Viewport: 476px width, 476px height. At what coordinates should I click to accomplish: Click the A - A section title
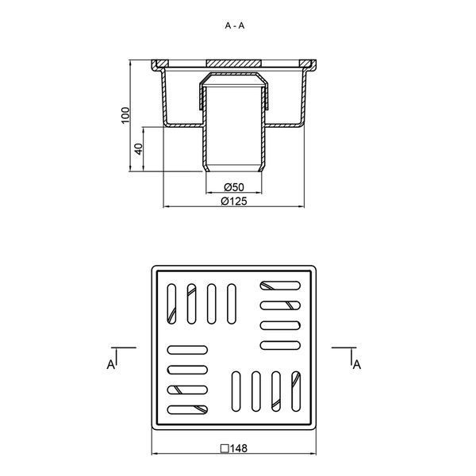(x=234, y=26)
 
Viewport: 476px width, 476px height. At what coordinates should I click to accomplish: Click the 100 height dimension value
(x=125, y=115)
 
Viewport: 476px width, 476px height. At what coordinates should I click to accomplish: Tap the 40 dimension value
(x=138, y=149)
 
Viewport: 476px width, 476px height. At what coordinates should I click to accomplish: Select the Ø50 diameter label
(x=234, y=187)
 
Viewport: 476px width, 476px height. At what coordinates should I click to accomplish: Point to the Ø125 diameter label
(x=234, y=202)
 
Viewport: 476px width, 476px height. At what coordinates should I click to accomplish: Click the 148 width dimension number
(x=239, y=448)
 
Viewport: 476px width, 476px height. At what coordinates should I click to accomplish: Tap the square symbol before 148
(x=225, y=448)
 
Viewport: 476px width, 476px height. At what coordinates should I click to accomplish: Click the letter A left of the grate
(x=111, y=364)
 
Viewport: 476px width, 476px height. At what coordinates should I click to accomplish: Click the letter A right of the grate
(x=357, y=364)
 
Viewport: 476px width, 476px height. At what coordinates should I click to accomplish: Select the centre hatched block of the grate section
(x=234, y=63)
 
